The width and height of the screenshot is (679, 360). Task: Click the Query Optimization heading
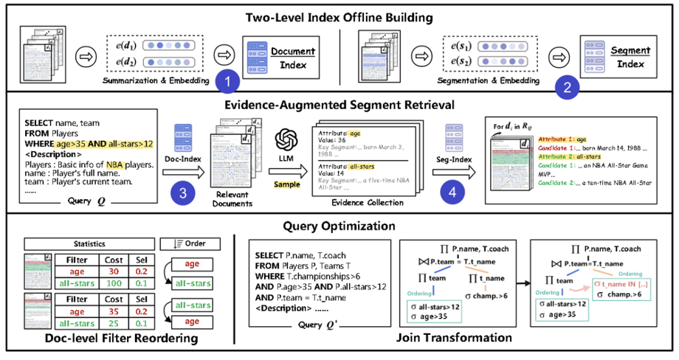coord(341,224)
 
